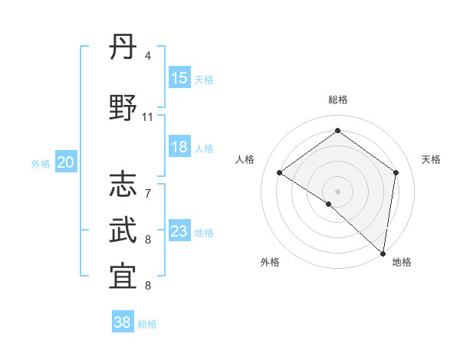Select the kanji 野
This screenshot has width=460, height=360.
pyautogui.click(x=123, y=108)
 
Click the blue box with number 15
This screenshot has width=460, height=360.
pyautogui.click(x=179, y=78)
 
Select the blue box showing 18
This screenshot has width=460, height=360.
pyautogui.click(x=179, y=147)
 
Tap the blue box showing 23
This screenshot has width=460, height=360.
pyautogui.click(x=179, y=231)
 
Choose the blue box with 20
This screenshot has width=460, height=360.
pyautogui.click(x=66, y=162)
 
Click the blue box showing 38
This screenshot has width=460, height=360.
pyautogui.click(x=123, y=322)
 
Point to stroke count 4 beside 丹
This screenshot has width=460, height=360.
pyautogui.click(x=147, y=56)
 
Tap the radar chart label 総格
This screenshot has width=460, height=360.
pyautogui.click(x=337, y=100)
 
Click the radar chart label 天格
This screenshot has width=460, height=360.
pyautogui.click(x=432, y=159)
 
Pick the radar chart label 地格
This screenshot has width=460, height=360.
pyautogui.click(x=402, y=263)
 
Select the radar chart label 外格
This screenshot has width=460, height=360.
pyautogui.click(x=270, y=263)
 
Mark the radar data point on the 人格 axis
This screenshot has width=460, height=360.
pyautogui.click(x=280, y=172)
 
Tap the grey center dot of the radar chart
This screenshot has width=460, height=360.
pyautogui.click(x=337, y=191)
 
